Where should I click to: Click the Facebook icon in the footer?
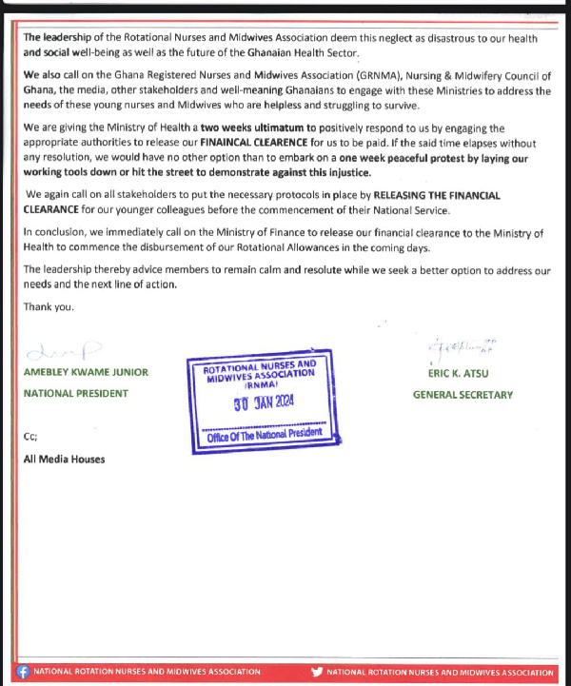[x=24, y=672]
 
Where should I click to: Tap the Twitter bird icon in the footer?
[x=317, y=672]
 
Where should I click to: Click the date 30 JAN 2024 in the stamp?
[x=265, y=402]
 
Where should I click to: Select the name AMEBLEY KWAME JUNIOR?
[x=86, y=372]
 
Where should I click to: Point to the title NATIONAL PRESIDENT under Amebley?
[x=74, y=393]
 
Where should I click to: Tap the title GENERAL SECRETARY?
[x=463, y=395]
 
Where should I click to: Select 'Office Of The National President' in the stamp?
[x=265, y=434]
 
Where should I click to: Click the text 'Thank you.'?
[x=49, y=306]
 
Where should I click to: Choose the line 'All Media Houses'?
[x=64, y=460]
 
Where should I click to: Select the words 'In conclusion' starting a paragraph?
[x=55, y=232]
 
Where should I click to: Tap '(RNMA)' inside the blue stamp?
[x=261, y=386]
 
